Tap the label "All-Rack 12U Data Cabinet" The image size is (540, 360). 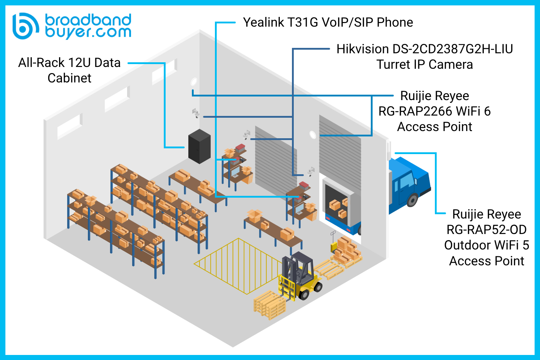tap(69, 70)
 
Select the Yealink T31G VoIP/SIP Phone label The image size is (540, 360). tap(328, 22)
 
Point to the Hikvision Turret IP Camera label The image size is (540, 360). tap(425, 57)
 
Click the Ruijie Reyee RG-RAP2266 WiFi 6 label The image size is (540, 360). tap(435, 111)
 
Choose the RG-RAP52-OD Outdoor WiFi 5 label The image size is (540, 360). tap(487, 237)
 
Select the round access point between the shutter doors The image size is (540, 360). tap(313, 135)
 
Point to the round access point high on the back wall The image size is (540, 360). tap(194, 82)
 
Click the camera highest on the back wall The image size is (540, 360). tap(196, 113)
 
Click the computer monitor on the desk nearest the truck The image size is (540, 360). tap(300, 208)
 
